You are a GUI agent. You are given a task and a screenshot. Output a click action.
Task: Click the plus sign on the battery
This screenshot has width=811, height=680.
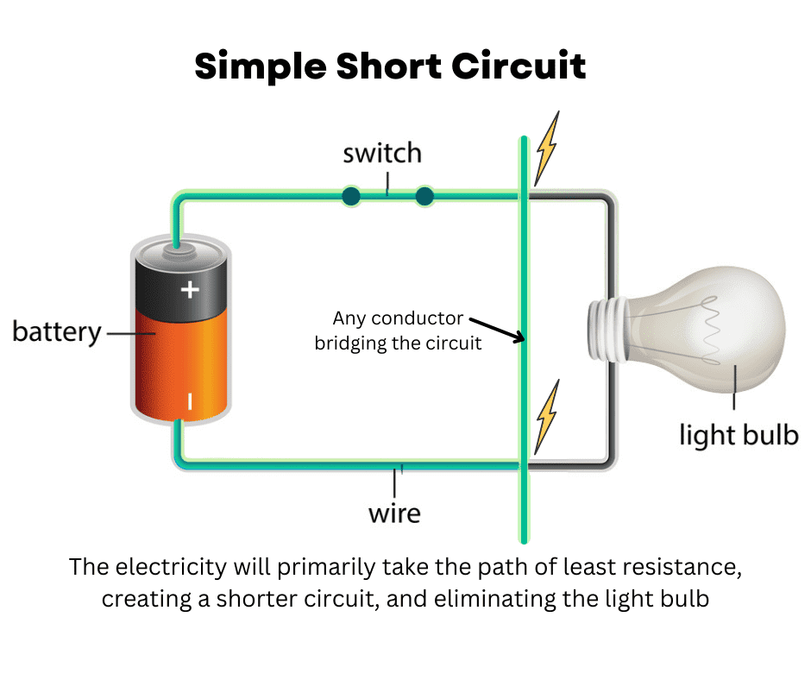[190, 290]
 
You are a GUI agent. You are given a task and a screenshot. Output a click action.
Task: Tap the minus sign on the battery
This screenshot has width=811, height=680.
[190, 400]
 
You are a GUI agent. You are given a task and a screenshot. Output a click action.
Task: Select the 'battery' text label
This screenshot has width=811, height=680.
[56, 331]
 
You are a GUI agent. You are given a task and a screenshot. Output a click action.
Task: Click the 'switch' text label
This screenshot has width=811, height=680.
[382, 154]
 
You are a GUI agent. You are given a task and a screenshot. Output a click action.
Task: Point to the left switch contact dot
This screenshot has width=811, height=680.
[350, 197]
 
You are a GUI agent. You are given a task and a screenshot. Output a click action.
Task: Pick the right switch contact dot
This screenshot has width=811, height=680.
[424, 197]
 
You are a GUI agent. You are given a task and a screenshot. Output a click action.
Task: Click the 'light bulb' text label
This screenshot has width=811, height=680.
[739, 434]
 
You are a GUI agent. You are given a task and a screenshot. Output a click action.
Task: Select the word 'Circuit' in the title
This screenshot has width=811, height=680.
[523, 66]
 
